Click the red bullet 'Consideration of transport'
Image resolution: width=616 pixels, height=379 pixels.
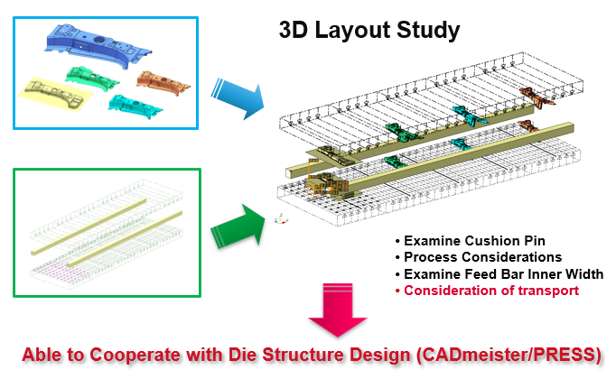tap(491, 291)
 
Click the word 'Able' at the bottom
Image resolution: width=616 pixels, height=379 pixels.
tap(40, 353)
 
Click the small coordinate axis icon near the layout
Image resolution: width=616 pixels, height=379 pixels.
tap(280, 217)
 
